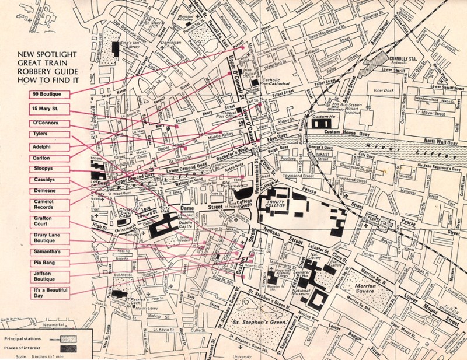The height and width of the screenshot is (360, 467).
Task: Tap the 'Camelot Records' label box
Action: pyautogui.click(x=51, y=204)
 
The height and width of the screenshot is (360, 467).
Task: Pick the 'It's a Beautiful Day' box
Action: pyautogui.click(x=51, y=292)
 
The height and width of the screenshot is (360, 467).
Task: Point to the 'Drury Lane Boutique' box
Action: pyautogui.click(x=51, y=237)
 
